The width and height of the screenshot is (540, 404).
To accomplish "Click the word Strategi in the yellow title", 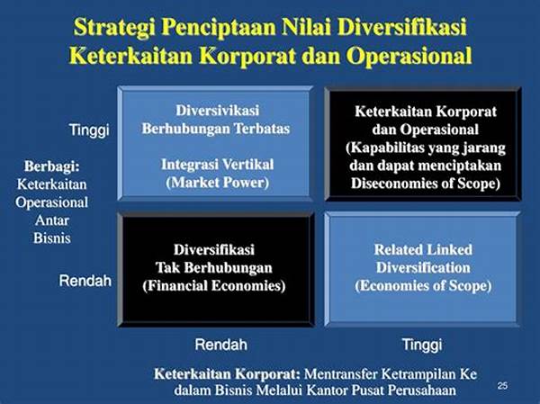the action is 114,28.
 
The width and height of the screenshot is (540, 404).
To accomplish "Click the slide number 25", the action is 502,385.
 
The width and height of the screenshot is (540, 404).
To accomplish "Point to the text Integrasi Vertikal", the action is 217,165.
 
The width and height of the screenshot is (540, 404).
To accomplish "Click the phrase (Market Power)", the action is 217,183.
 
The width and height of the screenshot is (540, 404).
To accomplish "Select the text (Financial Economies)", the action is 214,286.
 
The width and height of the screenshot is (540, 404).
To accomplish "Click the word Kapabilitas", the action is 385,148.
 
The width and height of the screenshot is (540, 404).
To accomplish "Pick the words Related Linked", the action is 423,250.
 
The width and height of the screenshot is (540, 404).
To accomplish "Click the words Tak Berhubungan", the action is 214,267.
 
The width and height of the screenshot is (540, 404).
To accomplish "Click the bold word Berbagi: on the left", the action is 52,166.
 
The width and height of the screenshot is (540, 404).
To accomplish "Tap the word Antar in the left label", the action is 52,220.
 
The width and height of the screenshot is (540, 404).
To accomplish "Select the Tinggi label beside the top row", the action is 89,130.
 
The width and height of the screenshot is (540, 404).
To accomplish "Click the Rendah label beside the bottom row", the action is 85,281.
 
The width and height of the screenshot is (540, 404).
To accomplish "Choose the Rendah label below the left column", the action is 221,345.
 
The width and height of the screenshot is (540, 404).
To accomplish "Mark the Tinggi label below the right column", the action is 422,345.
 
